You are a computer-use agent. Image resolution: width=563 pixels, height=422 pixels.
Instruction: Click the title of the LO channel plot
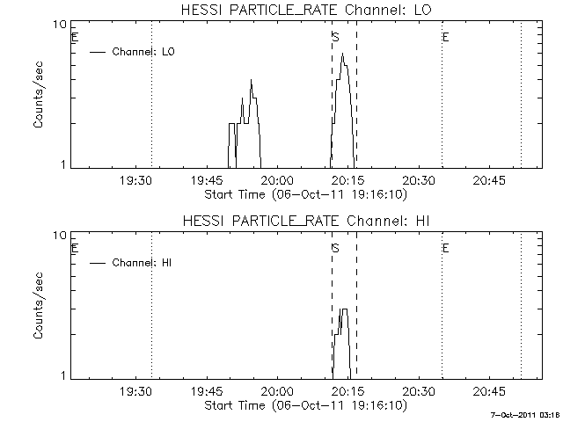[x=303, y=10]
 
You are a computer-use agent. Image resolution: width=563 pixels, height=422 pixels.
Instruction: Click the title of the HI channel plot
[x=303, y=221]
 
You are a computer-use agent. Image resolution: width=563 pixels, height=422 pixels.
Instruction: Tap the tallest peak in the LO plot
[x=342, y=55]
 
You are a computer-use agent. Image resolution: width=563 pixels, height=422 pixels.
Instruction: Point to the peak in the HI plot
[x=344, y=310]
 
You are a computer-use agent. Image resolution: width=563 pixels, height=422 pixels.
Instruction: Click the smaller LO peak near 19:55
[x=251, y=81]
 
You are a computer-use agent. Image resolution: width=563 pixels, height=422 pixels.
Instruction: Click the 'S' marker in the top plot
[x=335, y=37]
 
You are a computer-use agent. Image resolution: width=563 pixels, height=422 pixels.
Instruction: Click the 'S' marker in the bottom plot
[x=335, y=248]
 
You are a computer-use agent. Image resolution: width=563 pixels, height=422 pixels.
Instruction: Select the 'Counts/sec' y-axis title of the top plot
[x=40, y=96]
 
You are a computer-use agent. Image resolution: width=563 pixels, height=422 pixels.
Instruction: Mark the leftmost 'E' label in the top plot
[x=75, y=37]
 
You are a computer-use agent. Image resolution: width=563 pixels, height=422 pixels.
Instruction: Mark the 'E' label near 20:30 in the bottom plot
[x=446, y=248]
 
